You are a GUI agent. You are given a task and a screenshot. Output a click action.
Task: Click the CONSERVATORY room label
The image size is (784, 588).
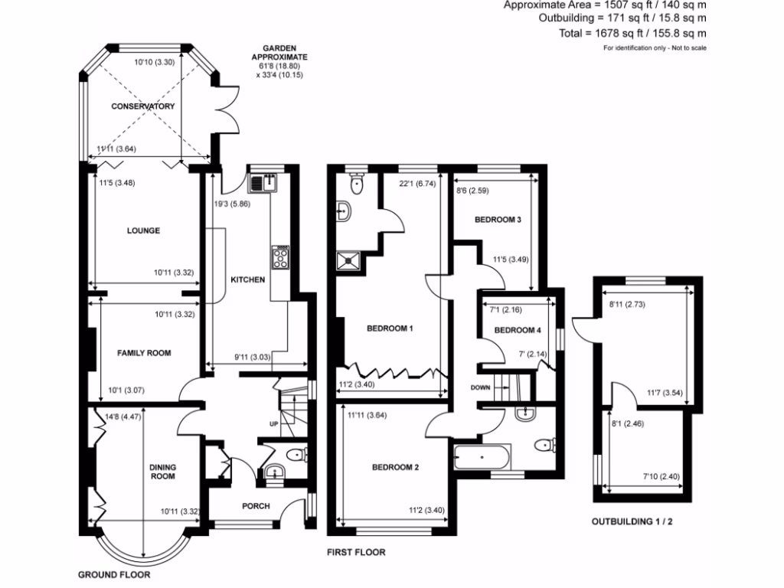(x=142, y=106)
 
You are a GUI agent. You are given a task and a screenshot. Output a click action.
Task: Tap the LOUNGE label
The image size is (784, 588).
(x=144, y=230)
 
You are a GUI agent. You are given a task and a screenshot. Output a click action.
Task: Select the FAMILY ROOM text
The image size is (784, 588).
(x=144, y=353)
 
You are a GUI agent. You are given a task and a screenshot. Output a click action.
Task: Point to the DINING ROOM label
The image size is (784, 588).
(x=162, y=472)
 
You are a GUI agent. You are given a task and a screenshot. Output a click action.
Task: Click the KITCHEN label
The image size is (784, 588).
(x=248, y=279)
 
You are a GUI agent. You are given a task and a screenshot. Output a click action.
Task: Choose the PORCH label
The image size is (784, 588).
(x=256, y=506)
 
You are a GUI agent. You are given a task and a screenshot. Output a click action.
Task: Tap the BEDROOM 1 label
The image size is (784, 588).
(x=390, y=329)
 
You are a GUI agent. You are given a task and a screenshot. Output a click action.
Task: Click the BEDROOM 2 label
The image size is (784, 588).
(x=395, y=467)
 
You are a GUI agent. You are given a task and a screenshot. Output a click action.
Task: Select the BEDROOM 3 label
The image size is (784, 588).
(x=498, y=220)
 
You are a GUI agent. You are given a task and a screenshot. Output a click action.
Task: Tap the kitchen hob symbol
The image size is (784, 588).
(x=280, y=256)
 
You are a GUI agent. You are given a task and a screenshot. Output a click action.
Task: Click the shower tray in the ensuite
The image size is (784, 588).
(x=348, y=262)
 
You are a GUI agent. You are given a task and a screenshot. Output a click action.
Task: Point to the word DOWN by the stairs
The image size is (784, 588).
(x=480, y=387)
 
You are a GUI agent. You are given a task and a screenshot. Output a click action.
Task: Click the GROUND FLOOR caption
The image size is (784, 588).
(x=115, y=574)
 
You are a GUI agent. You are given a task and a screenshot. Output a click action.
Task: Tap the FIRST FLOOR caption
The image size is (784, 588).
(x=356, y=552)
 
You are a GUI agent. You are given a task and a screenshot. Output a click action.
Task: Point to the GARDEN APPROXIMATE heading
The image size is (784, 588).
(x=280, y=53)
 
